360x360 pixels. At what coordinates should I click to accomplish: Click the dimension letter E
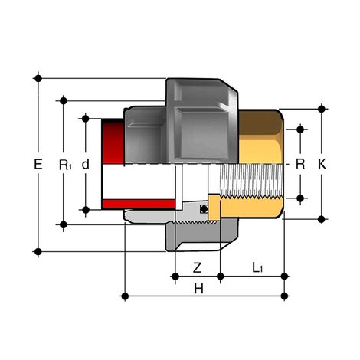click(x=38, y=164)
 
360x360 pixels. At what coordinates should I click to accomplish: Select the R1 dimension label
click(x=64, y=164)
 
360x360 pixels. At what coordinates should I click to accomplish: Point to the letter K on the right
click(x=322, y=164)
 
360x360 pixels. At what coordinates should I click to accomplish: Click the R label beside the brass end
click(x=300, y=164)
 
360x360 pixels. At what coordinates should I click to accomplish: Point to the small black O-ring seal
click(x=204, y=208)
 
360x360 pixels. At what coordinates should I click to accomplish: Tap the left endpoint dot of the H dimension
click(x=124, y=294)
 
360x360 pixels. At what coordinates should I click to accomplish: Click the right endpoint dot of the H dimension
click(x=285, y=294)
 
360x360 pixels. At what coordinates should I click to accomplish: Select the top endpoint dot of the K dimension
click(x=322, y=110)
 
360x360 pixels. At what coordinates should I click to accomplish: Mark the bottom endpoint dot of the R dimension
click(x=300, y=198)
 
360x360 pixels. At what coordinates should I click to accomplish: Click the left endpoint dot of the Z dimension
click(x=175, y=275)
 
